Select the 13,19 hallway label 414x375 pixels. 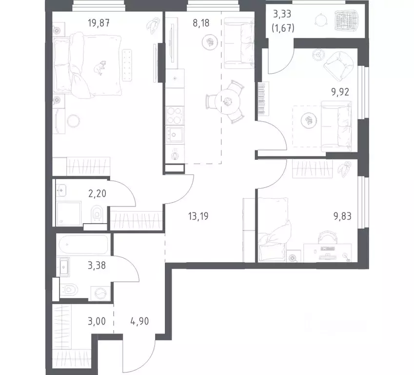coord(198,215)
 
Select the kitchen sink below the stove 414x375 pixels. coord(175,133)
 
